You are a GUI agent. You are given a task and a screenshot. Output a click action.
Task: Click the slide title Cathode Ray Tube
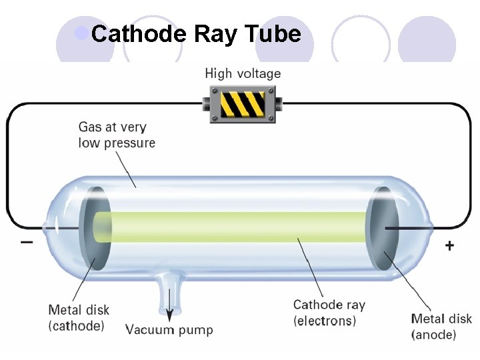(x=196, y=33)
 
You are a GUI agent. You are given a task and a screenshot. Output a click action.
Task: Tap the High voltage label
(x=243, y=74)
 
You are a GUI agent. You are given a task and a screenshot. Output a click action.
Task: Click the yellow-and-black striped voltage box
(x=243, y=105)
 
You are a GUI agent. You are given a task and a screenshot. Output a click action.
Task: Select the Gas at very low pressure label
(x=117, y=135)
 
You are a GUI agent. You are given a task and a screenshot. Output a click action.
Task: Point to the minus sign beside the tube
(x=26, y=241)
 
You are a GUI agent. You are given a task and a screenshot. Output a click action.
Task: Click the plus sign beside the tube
(x=450, y=246)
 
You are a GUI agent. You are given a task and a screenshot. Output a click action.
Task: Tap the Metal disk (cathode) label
(x=79, y=318)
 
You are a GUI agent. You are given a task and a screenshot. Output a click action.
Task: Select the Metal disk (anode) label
(x=441, y=327)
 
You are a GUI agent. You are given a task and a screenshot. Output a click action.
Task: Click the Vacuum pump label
(x=169, y=329)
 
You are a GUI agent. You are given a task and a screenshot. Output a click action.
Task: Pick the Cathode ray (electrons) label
(x=329, y=313)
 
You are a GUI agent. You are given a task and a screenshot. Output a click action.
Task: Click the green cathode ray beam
(x=233, y=227)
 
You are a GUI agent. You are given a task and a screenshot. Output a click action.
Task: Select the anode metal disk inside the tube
(x=383, y=229)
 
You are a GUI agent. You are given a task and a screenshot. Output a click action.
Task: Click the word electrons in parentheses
(x=325, y=321)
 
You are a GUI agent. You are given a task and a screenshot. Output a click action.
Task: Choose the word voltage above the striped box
(x=259, y=74)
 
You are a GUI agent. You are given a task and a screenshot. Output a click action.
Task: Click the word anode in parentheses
(x=434, y=335)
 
